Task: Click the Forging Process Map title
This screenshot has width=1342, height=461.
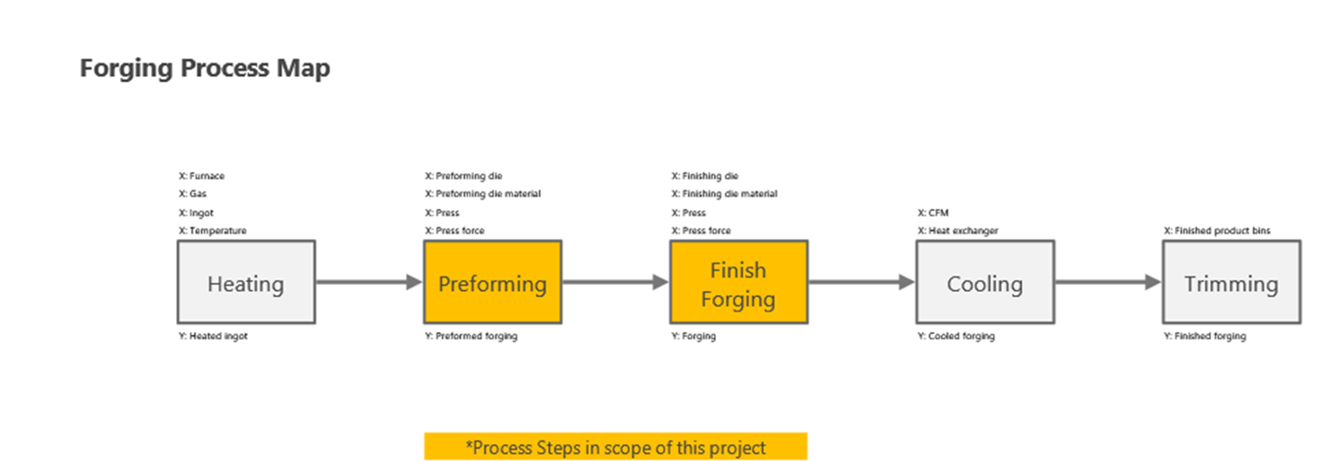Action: click(x=205, y=68)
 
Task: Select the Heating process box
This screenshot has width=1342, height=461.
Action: click(x=246, y=282)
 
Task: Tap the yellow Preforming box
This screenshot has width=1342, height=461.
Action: click(x=492, y=282)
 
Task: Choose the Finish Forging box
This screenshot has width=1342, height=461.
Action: click(x=738, y=282)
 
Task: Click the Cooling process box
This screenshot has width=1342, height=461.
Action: click(x=984, y=282)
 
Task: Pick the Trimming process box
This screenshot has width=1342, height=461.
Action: click(x=1231, y=282)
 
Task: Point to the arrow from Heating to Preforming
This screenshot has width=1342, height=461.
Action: click(x=368, y=282)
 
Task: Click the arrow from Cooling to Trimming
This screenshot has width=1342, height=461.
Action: click(x=1107, y=282)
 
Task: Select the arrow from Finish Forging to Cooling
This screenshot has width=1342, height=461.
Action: click(x=861, y=282)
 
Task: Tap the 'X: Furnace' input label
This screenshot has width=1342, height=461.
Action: click(x=201, y=176)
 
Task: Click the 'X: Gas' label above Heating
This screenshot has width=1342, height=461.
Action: click(x=192, y=194)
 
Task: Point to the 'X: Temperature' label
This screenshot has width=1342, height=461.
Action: click(x=212, y=231)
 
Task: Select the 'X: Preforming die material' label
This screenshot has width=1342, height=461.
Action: click(x=482, y=194)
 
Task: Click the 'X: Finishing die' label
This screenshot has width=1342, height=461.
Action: click(x=705, y=176)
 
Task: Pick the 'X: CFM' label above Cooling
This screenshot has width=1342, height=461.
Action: click(x=932, y=213)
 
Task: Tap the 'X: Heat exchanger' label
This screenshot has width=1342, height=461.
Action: click(x=957, y=231)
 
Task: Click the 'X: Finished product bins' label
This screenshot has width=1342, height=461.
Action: click(x=1217, y=231)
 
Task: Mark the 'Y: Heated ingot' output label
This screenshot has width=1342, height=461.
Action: click(x=213, y=337)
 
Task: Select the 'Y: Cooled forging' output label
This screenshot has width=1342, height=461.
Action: click(x=956, y=337)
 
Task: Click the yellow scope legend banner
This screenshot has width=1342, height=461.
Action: click(x=616, y=447)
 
